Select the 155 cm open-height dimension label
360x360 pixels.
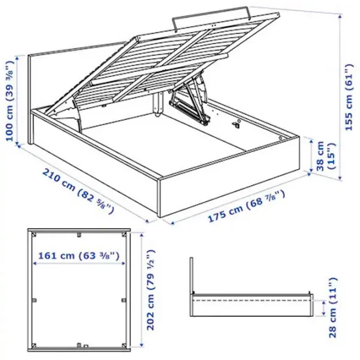click(349, 97)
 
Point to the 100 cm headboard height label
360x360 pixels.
click(10, 101)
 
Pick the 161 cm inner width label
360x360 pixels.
click(79, 256)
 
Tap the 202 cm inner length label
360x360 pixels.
click(151, 290)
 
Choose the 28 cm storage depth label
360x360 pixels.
click(333, 308)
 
